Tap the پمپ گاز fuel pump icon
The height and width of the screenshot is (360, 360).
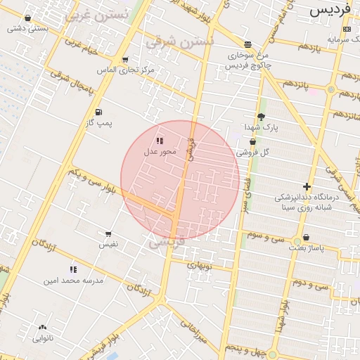(98, 112)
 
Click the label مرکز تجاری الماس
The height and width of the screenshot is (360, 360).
(127, 70)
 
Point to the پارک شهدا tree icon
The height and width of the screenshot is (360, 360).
(262, 117)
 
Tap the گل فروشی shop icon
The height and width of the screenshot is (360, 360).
(252, 142)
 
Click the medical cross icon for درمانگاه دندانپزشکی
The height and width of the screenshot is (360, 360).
(307, 186)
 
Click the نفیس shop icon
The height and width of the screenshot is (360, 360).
(108, 234)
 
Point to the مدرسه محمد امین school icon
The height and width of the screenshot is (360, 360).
(73, 269)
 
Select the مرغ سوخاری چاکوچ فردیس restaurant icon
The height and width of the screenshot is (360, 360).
(247, 44)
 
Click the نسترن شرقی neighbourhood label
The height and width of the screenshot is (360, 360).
(179, 42)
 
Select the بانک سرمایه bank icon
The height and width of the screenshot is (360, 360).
(346, 29)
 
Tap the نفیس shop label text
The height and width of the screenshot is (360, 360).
(108, 244)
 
